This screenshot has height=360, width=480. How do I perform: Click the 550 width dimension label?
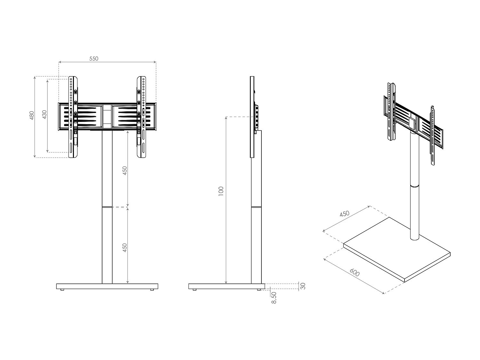[x=94, y=59]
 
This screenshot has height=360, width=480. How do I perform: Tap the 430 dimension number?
[x=44, y=115]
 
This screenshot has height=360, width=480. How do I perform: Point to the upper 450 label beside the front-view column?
[x=125, y=170]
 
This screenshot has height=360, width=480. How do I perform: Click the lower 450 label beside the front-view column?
[x=125, y=247]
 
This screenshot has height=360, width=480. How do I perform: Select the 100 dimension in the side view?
[x=221, y=191]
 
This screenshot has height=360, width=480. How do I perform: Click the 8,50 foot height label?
[x=274, y=298]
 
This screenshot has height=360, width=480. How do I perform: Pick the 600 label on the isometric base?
[x=355, y=273]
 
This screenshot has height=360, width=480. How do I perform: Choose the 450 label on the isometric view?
[x=344, y=214]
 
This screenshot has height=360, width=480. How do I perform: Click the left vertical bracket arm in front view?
[x=73, y=117]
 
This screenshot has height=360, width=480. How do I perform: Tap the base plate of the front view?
[x=107, y=286]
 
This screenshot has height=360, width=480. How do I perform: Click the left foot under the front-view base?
[x=62, y=290]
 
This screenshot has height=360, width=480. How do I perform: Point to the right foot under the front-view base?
[x=152, y=290]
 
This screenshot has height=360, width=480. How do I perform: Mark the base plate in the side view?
[x=226, y=286]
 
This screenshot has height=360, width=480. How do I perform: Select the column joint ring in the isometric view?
[x=414, y=186]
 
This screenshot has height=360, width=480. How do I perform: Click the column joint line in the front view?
[x=107, y=207]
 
